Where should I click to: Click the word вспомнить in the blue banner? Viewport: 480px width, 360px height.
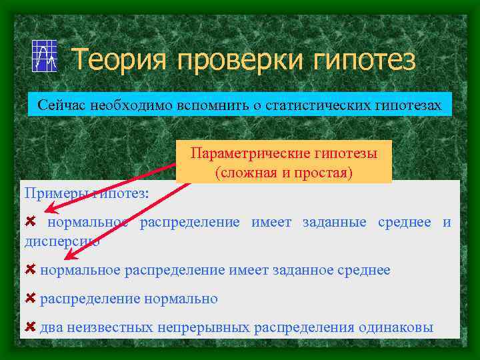coord(200,105)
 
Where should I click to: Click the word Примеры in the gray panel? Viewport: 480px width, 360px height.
coord(49,193)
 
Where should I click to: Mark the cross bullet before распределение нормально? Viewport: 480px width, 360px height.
coord(30,298)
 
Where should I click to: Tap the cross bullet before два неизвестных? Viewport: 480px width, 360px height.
coord(30,327)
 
